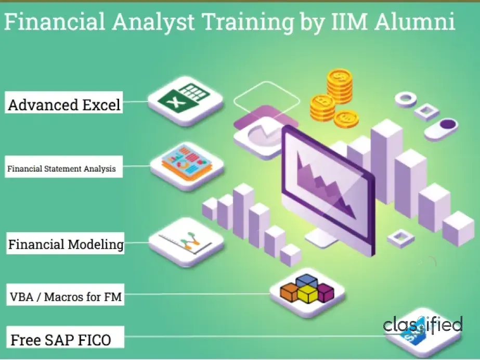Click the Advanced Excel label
point(64,105)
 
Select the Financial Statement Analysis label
point(61,169)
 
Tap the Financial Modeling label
point(66,244)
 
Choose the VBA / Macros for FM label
point(66,297)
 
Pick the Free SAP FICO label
point(60,340)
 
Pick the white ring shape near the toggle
point(406,98)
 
